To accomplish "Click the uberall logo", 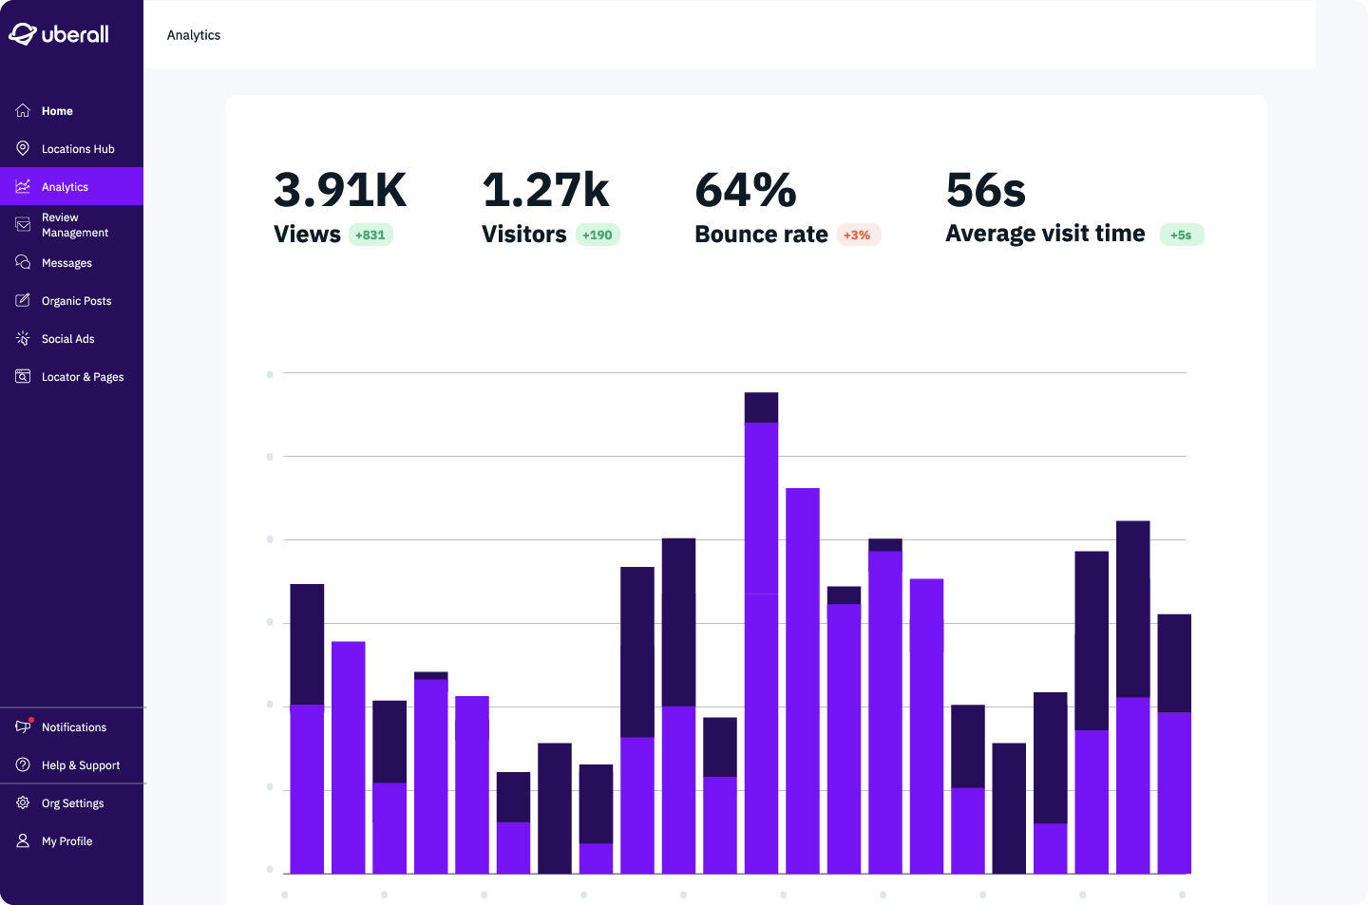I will point(59,34).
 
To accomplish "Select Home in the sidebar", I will point(57,111).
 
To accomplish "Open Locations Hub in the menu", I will point(77,149).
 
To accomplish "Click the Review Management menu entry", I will point(74,225).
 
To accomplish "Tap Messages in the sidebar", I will point(66,263).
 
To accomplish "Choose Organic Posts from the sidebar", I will point(76,301).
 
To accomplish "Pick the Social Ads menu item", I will point(67,339).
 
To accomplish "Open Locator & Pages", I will point(82,377).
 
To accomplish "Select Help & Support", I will point(80,765).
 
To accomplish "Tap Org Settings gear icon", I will point(23,802).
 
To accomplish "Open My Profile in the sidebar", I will point(66,841).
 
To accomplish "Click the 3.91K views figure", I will point(340,190).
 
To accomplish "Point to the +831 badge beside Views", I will point(370,236).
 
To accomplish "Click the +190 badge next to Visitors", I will point(598,236).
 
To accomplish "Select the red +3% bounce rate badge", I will point(857,236).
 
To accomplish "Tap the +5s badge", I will point(1181,236).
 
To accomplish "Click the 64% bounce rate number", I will point(746,190).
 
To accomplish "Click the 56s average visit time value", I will point(986,190).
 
